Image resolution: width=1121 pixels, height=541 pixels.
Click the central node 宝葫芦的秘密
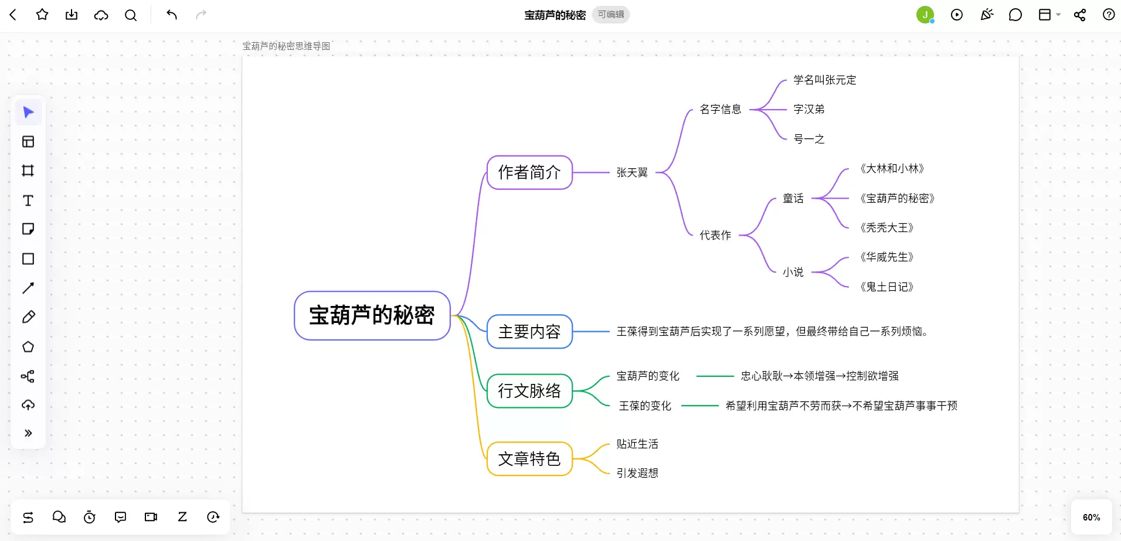click(x=372, y=315)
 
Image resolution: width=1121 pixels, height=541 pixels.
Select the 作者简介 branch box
click(x=529, y=172)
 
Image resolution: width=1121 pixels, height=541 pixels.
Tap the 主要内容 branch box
click(x=529, y=332)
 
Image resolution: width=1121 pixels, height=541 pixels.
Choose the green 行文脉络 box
click(x=529, y=391)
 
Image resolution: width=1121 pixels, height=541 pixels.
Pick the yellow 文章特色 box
click(x=529, y=459)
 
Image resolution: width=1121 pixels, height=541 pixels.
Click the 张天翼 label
click(x=632, y=172)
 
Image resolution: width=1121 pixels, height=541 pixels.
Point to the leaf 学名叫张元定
click(x=825, y=80)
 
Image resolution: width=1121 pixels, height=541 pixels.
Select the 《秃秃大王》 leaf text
click(x=886, y=227)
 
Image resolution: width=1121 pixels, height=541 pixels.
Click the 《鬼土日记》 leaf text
click(x=886, y=287)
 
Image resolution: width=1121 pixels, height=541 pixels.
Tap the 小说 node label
click(x=793, y=272)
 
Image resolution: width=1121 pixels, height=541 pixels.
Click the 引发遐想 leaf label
click(x=637, y=473)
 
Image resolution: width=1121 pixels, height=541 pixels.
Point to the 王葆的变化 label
click(x=645, y=406)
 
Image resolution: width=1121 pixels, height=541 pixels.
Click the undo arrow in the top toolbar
click(x=172, y=15)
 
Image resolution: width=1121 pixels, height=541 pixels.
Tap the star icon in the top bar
click(x=42, y=15)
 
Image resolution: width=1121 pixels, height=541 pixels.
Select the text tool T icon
click(x=28, y=200)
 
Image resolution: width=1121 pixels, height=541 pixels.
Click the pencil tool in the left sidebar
click(x=28, y=317)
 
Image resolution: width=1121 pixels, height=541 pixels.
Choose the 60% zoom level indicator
click(x=1091, y=518)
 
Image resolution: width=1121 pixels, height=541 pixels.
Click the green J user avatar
click(x=925, y=15)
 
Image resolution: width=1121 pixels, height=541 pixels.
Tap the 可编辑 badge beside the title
click(x=611, y=15)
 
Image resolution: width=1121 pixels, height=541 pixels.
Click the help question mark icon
click(x=1109, y=15)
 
